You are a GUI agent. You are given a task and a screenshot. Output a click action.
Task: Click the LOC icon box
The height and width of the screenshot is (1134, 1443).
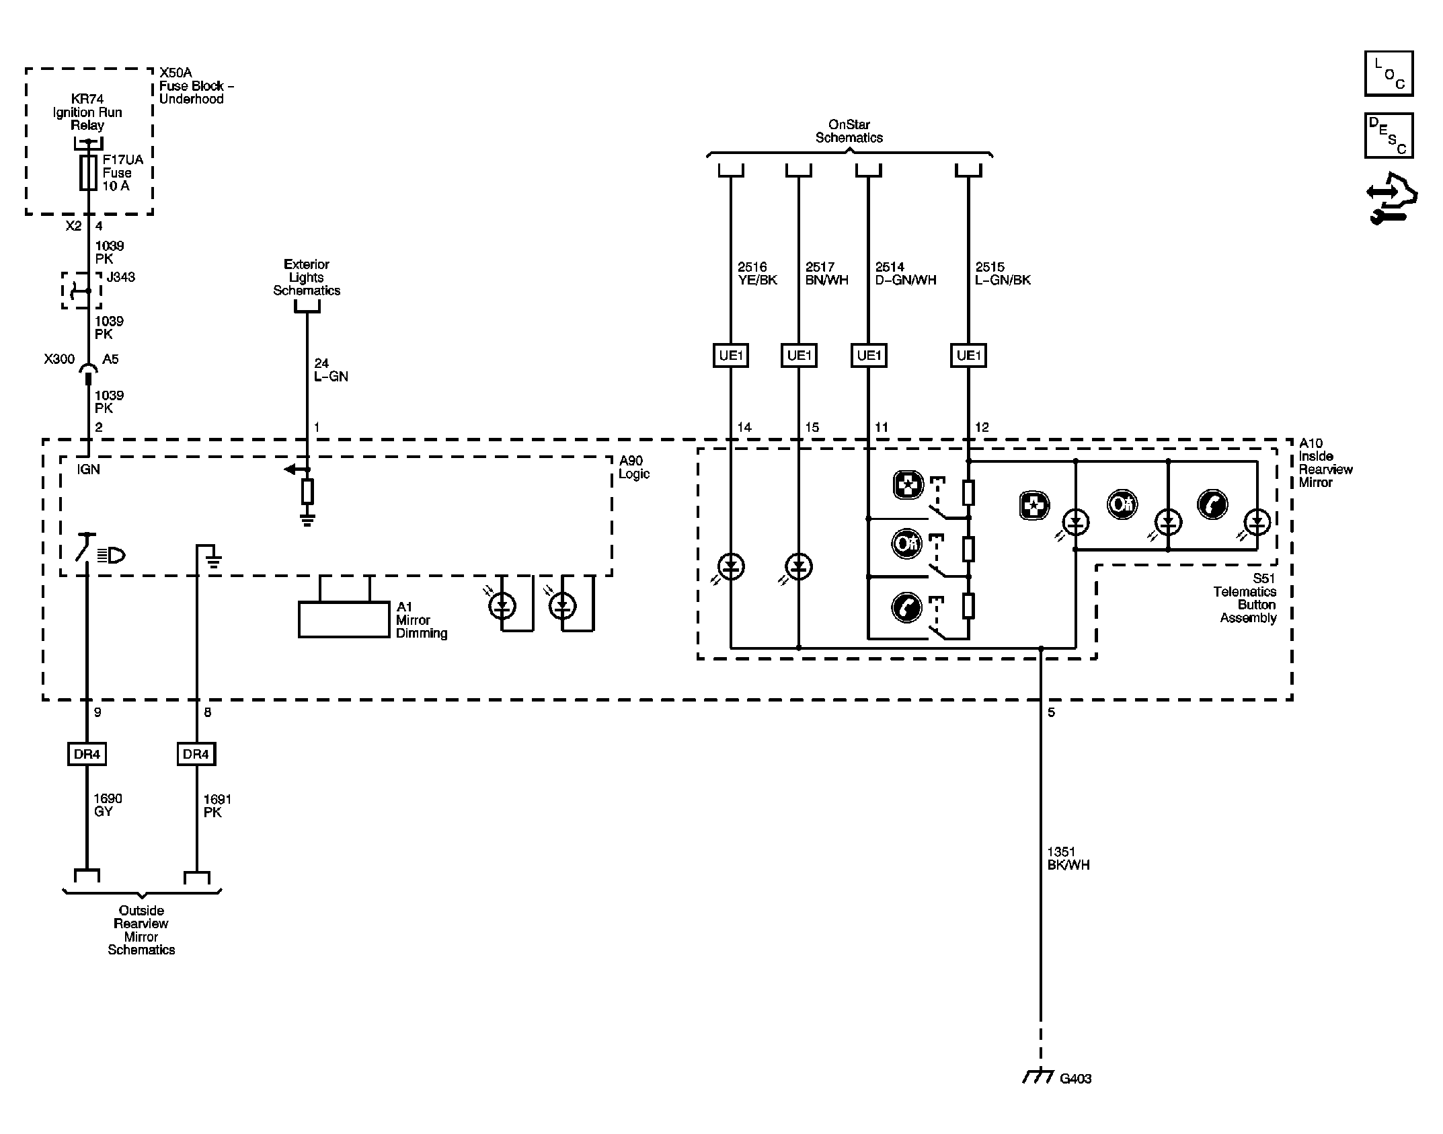click(x=1389, y=73)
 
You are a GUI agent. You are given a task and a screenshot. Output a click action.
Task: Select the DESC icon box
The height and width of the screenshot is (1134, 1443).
click(x=1389, y=135)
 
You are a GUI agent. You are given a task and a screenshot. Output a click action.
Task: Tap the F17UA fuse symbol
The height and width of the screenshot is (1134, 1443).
click(x=88, y=173)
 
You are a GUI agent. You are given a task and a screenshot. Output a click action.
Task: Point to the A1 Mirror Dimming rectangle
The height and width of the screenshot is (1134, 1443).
click(x=344, y=619)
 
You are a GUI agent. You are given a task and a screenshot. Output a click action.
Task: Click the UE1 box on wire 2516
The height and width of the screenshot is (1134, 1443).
click(x=730, y=355)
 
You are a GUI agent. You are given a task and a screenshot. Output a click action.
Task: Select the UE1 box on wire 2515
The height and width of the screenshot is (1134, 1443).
click(x=968, y=355)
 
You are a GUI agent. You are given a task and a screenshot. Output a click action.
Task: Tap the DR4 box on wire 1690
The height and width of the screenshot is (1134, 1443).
click(x=87, y=754)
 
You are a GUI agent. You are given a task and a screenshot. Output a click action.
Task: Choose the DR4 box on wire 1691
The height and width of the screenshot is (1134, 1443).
click(x=196, y=754)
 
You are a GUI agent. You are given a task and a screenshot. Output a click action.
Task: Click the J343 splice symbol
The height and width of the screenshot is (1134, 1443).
click(x=81, y=291)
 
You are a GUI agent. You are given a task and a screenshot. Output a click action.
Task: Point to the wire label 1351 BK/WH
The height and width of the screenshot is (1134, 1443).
click(x=1068, y=858)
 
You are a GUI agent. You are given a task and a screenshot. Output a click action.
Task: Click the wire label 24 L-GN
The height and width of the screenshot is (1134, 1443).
click(x=331, y=370)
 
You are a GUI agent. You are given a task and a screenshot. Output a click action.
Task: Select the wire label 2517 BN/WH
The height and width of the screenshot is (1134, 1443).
click(x=827, y=274)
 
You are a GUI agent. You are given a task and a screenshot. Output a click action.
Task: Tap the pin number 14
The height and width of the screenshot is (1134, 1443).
click(x=744, y=427)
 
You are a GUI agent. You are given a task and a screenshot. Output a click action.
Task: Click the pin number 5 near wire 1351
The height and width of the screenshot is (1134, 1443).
click(x=1052, y=712)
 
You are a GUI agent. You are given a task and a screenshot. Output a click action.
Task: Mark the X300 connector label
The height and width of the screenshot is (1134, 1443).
click(x=59, y=359)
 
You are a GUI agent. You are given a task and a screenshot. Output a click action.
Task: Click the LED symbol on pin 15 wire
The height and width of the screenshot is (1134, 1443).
click(x=798, y=568)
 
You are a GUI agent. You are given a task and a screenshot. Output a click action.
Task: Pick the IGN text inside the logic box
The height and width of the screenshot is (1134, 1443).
click(x=89, y=469)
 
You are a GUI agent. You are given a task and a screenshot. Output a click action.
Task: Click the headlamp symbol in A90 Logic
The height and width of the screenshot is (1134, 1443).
click(x=112, y=556)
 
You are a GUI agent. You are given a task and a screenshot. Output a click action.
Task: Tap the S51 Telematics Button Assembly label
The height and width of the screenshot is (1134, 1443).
click(x=1245, y=598)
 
